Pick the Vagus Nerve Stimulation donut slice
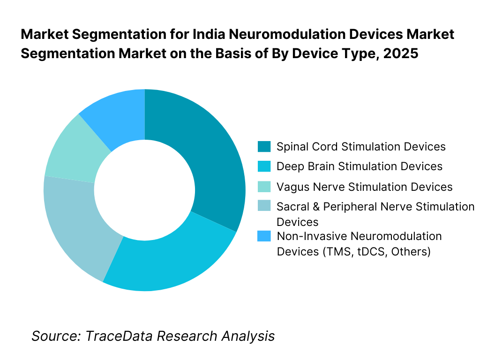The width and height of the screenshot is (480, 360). (70, 150)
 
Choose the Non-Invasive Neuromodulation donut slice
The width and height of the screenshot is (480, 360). (117, 112)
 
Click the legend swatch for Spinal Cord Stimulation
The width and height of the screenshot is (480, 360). (264, 147)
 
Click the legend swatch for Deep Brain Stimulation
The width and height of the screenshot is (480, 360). (264, 166)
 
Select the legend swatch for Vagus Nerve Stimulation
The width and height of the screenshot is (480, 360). (264, 187)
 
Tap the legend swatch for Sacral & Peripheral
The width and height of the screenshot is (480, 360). (264, 207)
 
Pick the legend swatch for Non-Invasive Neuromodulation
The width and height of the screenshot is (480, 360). (264, 236)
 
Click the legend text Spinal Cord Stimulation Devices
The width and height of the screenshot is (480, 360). (361, 147)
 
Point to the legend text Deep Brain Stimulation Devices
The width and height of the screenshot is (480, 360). (360, 166)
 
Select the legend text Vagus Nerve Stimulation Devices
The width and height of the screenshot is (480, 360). (365, 187)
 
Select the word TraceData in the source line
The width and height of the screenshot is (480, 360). (120, 336)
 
